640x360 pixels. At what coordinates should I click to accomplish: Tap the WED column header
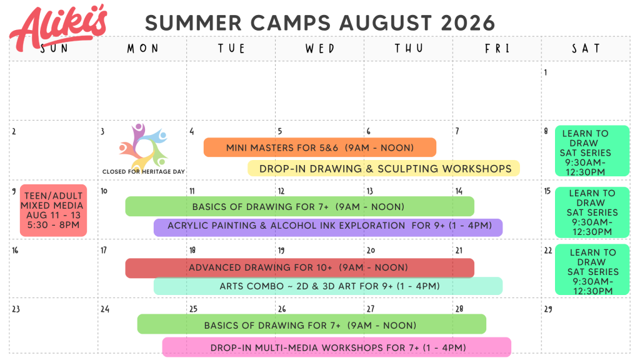click(320, 49)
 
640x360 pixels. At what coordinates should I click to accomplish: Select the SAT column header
click(586, 49)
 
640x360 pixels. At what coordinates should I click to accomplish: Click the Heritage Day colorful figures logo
click(143, 146)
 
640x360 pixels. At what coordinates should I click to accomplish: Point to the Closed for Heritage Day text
click(143, 172)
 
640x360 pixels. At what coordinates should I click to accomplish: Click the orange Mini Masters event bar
click(320, 147)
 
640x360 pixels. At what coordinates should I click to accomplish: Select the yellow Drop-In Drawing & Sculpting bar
click(384, 169)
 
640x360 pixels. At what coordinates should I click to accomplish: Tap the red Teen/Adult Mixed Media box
click(54, 210)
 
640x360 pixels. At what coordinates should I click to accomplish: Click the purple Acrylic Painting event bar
click(328, 227)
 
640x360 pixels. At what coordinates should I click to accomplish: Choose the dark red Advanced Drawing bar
click(299, 267)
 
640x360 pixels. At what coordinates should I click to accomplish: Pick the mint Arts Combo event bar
click(328, 286)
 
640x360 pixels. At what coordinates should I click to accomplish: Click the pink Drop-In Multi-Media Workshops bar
click(337, 347)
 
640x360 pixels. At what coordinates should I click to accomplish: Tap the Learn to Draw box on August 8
click(592, 151)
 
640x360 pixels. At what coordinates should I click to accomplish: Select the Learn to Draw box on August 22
click(592, 269)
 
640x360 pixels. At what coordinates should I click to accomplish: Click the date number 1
click(546, 72)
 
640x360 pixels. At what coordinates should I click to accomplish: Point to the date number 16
click(15, 250)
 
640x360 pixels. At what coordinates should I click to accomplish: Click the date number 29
click(548, 309)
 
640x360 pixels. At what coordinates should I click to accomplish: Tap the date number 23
click(16, 309)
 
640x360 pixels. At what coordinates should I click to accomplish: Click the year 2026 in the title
click(467, 23)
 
